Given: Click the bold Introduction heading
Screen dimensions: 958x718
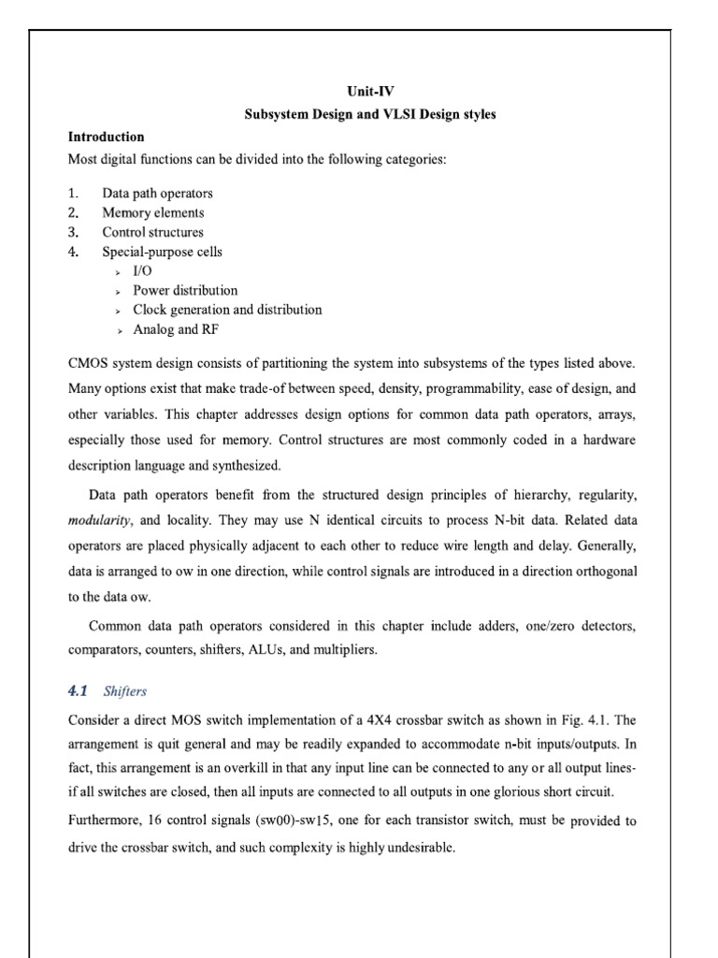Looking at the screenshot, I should pos(107,137).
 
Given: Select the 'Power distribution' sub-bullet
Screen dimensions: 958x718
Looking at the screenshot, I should pos(185,290).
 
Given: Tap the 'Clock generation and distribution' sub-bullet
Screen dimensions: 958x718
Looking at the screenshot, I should pos(227,310).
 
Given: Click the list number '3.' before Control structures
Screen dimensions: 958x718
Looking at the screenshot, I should pos(75,232).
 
